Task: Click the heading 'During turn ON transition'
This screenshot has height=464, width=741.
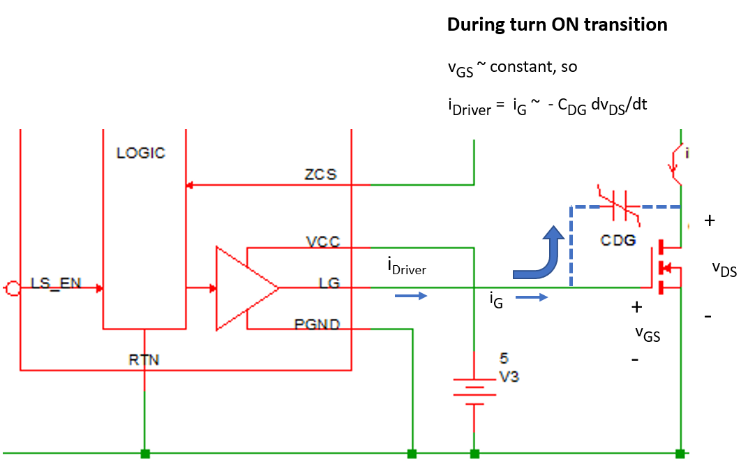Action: click(557, 25)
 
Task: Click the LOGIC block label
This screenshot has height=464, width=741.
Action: click(141, 153)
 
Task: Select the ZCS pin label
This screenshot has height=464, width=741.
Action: click(322, 174)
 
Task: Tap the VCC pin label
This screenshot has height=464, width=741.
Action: click(323, 242)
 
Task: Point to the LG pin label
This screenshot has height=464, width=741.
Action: click(329, 283)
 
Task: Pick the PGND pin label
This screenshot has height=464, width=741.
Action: click(317, 324)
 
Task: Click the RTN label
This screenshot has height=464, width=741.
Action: click(144, 360)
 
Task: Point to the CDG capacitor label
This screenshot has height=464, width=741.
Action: click(618, 241)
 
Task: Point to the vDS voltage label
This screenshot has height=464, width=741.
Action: click(724, 269)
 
